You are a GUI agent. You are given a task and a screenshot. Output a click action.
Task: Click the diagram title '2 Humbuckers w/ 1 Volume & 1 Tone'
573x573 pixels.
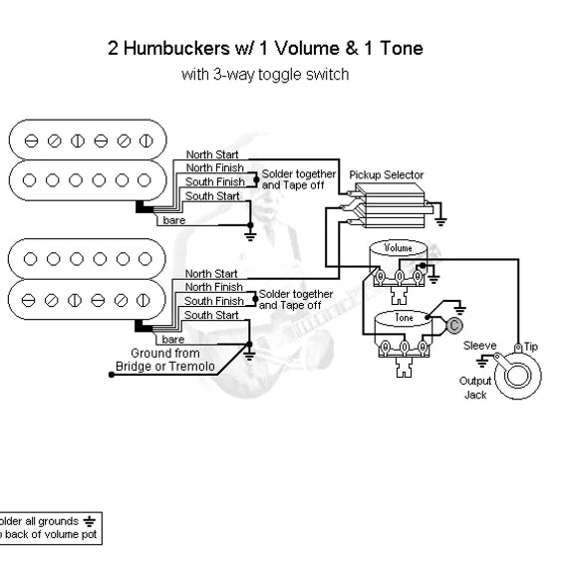click(264, 49)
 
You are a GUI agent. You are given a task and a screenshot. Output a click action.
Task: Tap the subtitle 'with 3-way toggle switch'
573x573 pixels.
click(264, 75)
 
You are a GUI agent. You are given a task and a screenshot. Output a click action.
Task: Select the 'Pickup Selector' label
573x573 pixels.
click(386, 175)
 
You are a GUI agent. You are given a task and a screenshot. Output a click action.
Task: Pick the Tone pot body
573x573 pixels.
click(404, 319)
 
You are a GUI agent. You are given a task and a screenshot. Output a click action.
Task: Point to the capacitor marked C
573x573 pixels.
click(453, 324)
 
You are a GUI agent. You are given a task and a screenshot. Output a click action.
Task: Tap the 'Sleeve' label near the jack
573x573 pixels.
click(479, 345)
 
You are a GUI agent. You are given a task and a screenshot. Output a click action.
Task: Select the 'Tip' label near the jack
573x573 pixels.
click(531, 345)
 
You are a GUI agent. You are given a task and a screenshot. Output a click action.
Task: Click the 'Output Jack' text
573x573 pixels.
click(475, 388)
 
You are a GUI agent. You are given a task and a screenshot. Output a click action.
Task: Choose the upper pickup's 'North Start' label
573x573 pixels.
click(211, 154)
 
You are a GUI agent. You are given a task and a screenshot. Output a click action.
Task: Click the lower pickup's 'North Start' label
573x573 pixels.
click(211, 273)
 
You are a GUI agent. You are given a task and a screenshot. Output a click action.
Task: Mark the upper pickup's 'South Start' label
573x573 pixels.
click(211, 195)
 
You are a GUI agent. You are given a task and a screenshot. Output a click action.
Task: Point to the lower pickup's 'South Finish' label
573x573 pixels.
click(213, 301)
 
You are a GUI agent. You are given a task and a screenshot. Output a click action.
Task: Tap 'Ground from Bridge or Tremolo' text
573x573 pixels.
click(165, 359)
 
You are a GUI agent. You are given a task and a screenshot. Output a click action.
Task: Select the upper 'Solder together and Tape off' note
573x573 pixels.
click(296, 177)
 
